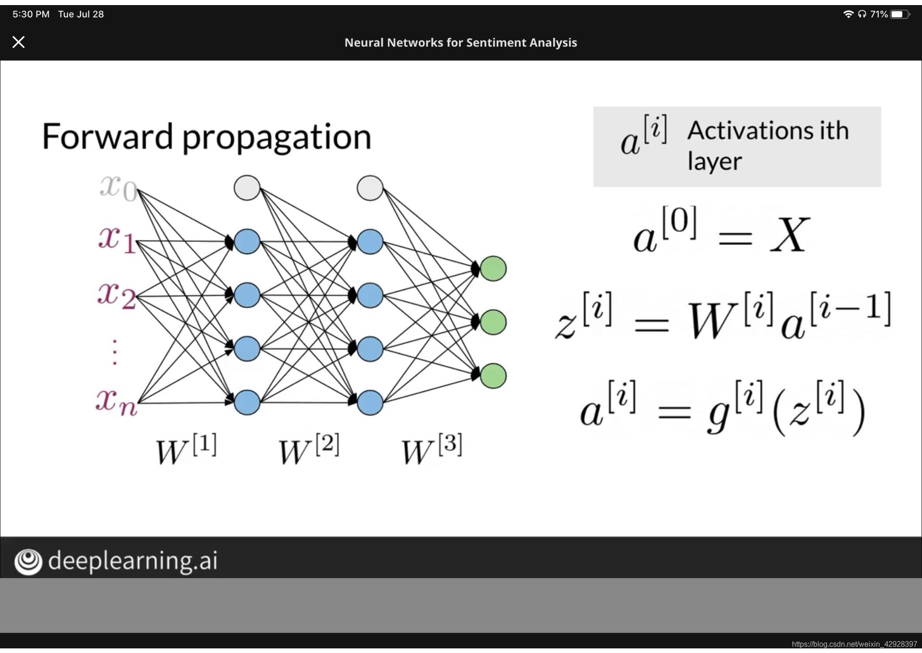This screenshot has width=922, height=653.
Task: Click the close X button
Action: (18, 42)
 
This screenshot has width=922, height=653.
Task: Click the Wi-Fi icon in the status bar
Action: (848, 14)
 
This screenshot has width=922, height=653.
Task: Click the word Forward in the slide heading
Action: (107, 137)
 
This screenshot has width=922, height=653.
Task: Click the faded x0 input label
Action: (118, 187)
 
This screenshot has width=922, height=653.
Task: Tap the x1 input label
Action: (117, 239)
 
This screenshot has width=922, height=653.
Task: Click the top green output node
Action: (493, 268)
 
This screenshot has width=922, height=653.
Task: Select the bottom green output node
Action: (493, 376)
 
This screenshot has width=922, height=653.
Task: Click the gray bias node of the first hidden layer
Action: (247, 188)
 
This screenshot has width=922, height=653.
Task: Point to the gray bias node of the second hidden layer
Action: (370, 188)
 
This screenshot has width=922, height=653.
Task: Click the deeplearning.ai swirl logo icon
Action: (28, 561)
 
